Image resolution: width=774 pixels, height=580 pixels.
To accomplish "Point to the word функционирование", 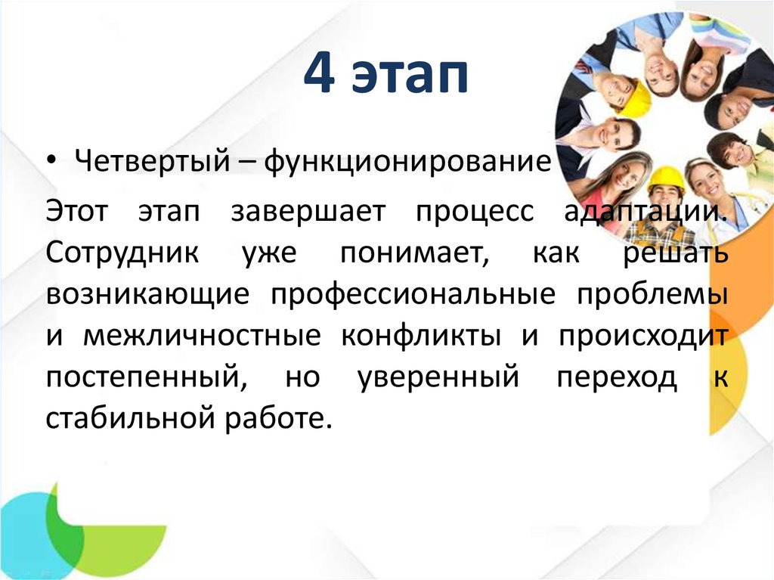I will click(x=404, y=161).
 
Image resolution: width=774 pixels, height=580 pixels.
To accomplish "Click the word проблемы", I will click(x=654, y=295).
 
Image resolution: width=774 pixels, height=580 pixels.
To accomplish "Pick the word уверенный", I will click(x=437, y=378).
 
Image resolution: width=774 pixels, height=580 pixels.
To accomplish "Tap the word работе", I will click(x=284, y=419).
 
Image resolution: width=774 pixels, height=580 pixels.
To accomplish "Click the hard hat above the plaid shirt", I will click(x=666, y=178).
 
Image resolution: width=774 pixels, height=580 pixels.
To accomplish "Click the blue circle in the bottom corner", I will click(x=23, y=529).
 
